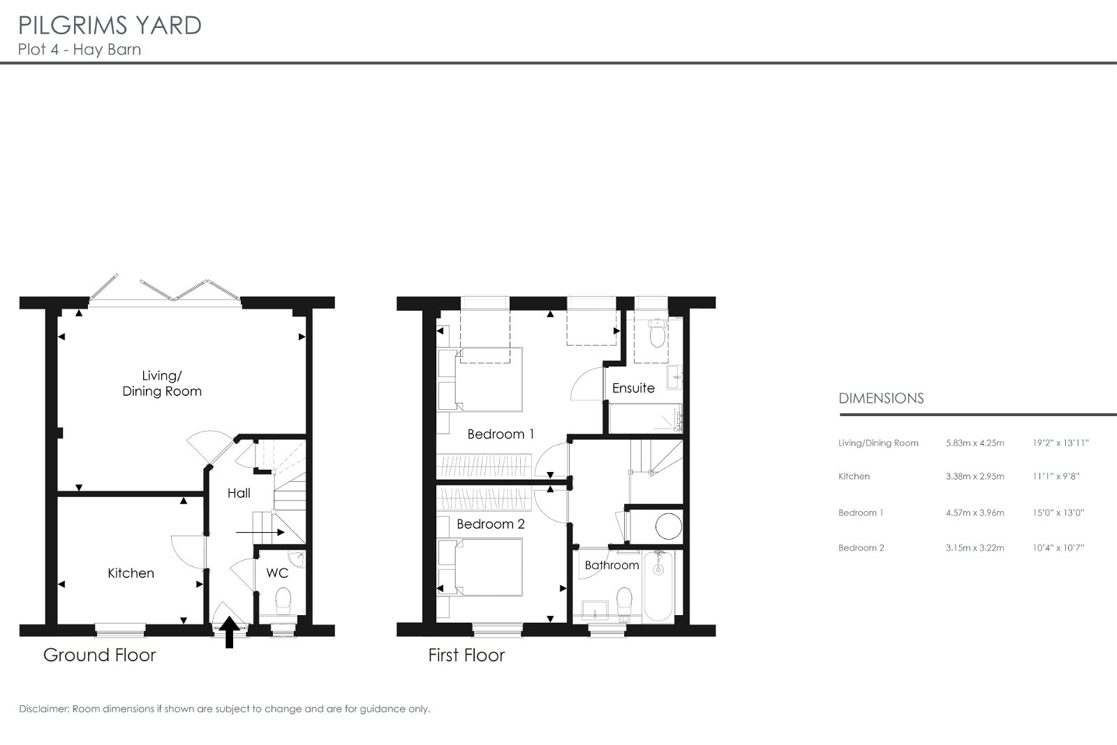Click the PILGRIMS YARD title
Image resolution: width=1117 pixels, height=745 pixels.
tap(110, 26)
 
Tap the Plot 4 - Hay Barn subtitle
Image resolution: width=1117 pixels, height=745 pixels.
tap(80, 50)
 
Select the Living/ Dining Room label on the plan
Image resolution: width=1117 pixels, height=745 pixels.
tap(162, 383)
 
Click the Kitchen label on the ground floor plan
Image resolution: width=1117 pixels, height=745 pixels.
tap(131, 573)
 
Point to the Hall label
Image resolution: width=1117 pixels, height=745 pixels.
tap(239, 493)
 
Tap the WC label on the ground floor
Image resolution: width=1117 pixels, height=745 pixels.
tap(277, 573)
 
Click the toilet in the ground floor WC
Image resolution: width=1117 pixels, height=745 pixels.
tap(283, 601)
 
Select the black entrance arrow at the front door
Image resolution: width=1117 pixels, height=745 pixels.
tap(230, 633)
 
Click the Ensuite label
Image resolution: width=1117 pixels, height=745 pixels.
tap(633, 388)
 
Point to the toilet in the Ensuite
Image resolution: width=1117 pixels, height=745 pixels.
tap(658, 333)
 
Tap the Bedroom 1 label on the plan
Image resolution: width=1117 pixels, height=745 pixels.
tap(501, 434)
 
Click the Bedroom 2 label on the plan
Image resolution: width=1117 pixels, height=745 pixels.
tap(491, 524)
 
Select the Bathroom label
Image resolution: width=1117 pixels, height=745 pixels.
tap(612, 565)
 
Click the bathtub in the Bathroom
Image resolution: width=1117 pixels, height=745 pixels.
tap(659, 587)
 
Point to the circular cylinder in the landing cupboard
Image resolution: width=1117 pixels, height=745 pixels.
tap(668, 526)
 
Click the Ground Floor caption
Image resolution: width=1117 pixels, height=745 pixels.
tap(100, 655)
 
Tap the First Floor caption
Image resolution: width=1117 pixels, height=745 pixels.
tap(467, 655)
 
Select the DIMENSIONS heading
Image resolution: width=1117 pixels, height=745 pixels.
tap(881, 399)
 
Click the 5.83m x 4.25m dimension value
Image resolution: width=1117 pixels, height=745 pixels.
tap(975, 443)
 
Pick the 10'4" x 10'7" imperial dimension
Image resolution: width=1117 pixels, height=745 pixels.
tap(1058, 548)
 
